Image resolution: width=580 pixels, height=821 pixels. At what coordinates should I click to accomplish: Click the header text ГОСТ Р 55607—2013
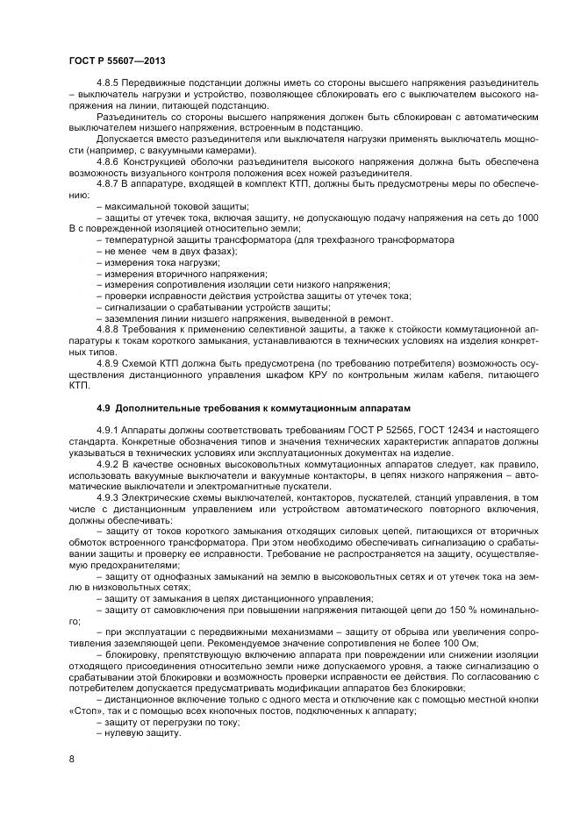[x=117, y=60]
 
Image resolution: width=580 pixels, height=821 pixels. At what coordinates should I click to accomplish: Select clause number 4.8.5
[x=107, y=82]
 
